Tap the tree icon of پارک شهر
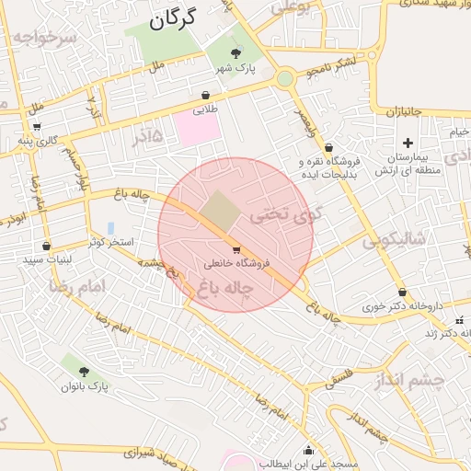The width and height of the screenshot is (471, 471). [x=236, y=53]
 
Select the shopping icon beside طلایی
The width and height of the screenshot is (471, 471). [x=204, y=95]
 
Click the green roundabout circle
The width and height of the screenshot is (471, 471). [x=285, y=78]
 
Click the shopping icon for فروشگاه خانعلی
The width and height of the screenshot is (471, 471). [x=236, y=249]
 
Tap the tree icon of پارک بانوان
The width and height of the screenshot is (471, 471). [x=85, y=372]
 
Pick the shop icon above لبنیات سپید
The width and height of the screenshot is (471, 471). [x=46, y=246]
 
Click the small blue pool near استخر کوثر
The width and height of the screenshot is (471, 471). [x=110, y=227]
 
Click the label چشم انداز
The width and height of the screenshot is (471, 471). [x=411, y=380]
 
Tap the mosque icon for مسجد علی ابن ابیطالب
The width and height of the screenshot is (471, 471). [x=307, y=451]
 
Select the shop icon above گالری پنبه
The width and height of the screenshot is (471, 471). [x=36, y=126]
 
